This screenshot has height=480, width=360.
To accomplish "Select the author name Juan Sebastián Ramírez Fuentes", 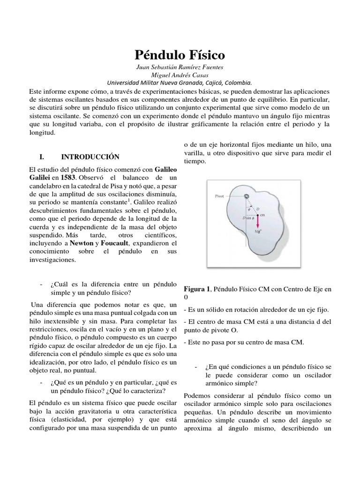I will [180, 67].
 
